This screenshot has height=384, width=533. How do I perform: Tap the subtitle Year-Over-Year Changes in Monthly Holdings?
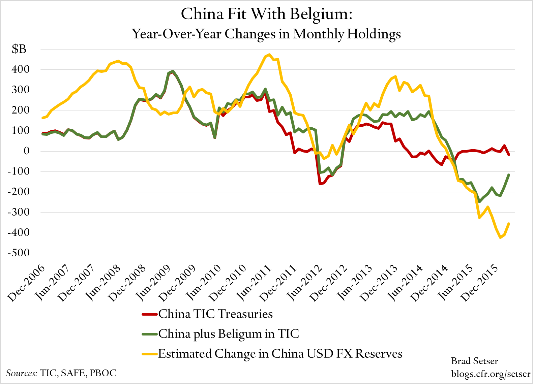tap(266, 34)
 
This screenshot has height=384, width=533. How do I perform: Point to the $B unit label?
tap(19, 50)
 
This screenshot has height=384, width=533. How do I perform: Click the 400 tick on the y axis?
tap(21, 70)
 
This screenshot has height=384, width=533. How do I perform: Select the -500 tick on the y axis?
tap(19, 253)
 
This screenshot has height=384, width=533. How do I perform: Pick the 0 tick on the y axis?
tap(26, 151)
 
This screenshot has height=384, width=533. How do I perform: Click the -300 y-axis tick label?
tap(19, 212)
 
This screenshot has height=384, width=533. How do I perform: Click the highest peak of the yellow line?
tap(269, 55)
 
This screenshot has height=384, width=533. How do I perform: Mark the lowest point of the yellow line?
tap(500, 237)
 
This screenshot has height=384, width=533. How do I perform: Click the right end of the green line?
tap(509, 175)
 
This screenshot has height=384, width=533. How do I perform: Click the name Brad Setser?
tap(474, 361)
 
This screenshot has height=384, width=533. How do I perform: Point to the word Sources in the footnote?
tap(21, 373)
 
